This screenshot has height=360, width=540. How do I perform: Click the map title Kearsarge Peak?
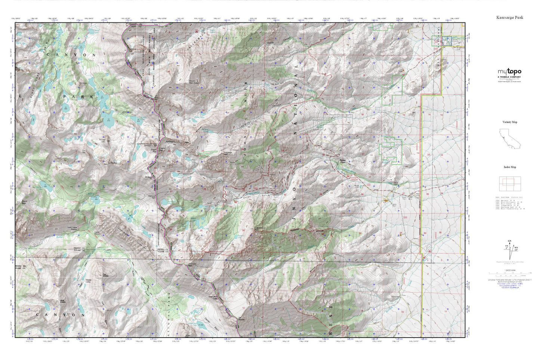point(509,17)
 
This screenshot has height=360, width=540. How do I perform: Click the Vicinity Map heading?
point(510,122)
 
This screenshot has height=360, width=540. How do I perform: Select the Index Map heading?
point(510,167)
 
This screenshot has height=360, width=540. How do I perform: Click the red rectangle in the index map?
point(510,182)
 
